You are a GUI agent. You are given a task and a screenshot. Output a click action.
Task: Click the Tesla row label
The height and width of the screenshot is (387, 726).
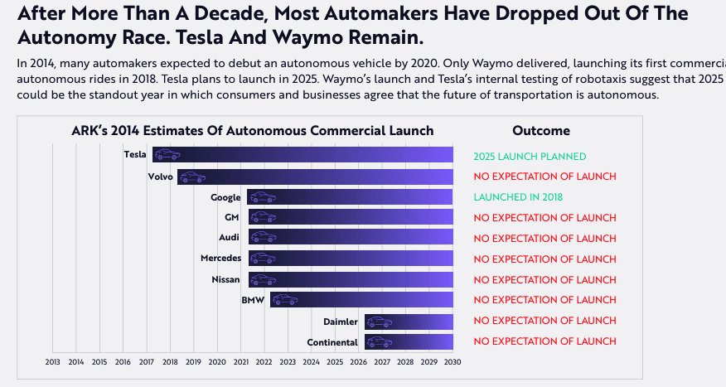point(135,154)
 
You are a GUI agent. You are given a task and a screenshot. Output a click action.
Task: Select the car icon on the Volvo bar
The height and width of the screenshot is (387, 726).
point(192,177)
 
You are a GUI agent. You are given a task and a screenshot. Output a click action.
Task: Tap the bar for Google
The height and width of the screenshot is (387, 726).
point(350,197)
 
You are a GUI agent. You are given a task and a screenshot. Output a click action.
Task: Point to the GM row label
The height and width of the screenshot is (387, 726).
point(232,217)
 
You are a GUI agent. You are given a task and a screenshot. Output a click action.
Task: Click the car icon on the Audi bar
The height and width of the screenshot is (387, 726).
point(262,238)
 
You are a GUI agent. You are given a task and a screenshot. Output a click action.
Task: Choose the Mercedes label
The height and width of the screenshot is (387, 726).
point(220,259)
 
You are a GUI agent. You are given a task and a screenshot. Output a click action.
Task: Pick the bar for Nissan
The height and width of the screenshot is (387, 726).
point(351,279)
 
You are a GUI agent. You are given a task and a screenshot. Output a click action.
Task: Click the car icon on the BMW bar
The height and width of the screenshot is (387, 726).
point(283,300)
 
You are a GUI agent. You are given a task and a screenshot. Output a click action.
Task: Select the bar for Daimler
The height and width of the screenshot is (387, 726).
point(409,322)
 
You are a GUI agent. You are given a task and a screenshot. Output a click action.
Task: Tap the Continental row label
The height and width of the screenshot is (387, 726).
point(332,342)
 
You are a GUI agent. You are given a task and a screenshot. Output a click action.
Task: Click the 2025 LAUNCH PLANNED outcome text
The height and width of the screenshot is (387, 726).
point(530,157)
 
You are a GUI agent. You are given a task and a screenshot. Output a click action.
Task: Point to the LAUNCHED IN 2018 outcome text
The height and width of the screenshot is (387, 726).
point(518,197)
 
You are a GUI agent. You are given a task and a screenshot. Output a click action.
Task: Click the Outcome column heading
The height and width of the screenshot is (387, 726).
point(541,131)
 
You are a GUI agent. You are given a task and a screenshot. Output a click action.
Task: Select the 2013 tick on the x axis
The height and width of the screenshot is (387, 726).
point(52,361)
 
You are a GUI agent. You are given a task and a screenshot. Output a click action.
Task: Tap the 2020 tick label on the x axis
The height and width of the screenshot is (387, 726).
point(217,361)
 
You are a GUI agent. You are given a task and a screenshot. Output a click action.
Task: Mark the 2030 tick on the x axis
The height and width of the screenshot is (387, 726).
point(453,361)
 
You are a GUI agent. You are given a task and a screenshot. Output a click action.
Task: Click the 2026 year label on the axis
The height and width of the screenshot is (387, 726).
point(358,361)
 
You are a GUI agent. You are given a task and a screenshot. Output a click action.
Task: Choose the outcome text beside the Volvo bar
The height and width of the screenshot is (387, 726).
point(545,177)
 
